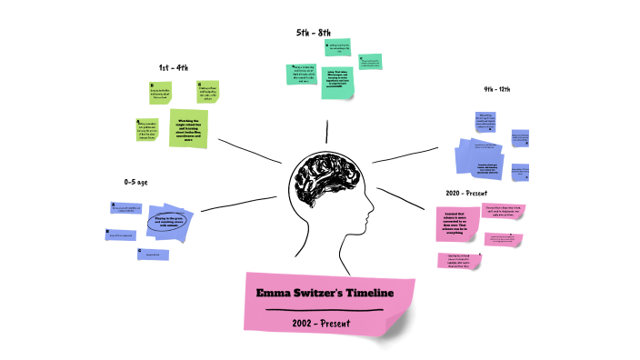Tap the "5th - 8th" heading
(x=314, y=33)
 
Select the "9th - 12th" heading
(x=503, y=89)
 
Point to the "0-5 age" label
(x=135, y=182)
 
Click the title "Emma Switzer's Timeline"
(x=325, y=294)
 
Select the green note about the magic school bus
(x=187, y=127)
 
